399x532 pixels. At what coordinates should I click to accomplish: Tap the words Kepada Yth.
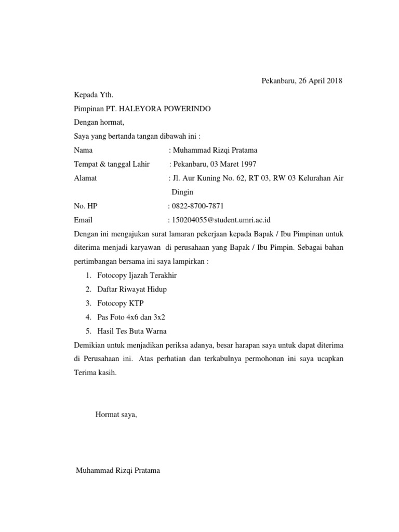(94, 95)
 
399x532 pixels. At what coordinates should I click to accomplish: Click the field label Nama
(83, 151)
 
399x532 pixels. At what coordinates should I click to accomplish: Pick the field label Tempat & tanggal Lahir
(112, 164)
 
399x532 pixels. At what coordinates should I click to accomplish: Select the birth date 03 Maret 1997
(232, 164)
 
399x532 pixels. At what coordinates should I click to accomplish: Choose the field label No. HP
(86, 206)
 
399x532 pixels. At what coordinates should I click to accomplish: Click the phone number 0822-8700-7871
(198, 206)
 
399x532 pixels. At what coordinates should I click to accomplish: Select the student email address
(225, 220)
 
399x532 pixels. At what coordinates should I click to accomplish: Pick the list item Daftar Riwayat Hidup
(132, 289)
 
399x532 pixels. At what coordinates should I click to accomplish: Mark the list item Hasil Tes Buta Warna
(132, 331)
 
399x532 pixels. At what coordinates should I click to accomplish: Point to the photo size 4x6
(132, 317)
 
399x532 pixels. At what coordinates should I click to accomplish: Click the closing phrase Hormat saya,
(116, 415)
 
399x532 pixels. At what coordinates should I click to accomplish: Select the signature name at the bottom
(118, 471)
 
